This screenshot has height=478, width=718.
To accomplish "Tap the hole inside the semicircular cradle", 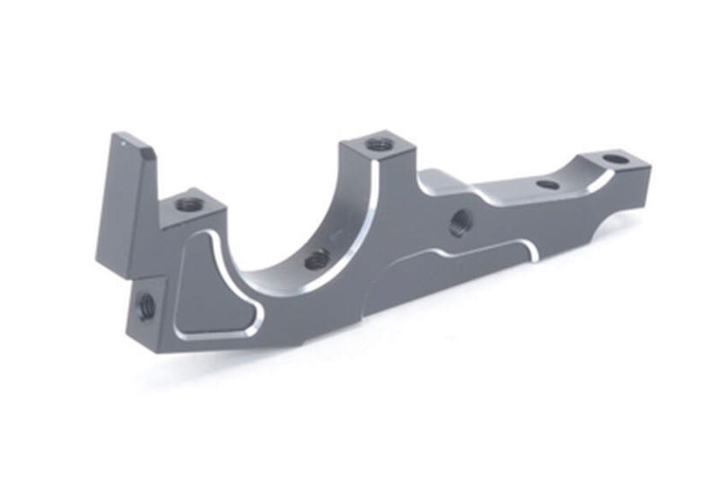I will (315, 261).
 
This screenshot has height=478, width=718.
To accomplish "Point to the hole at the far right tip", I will (614, 160).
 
